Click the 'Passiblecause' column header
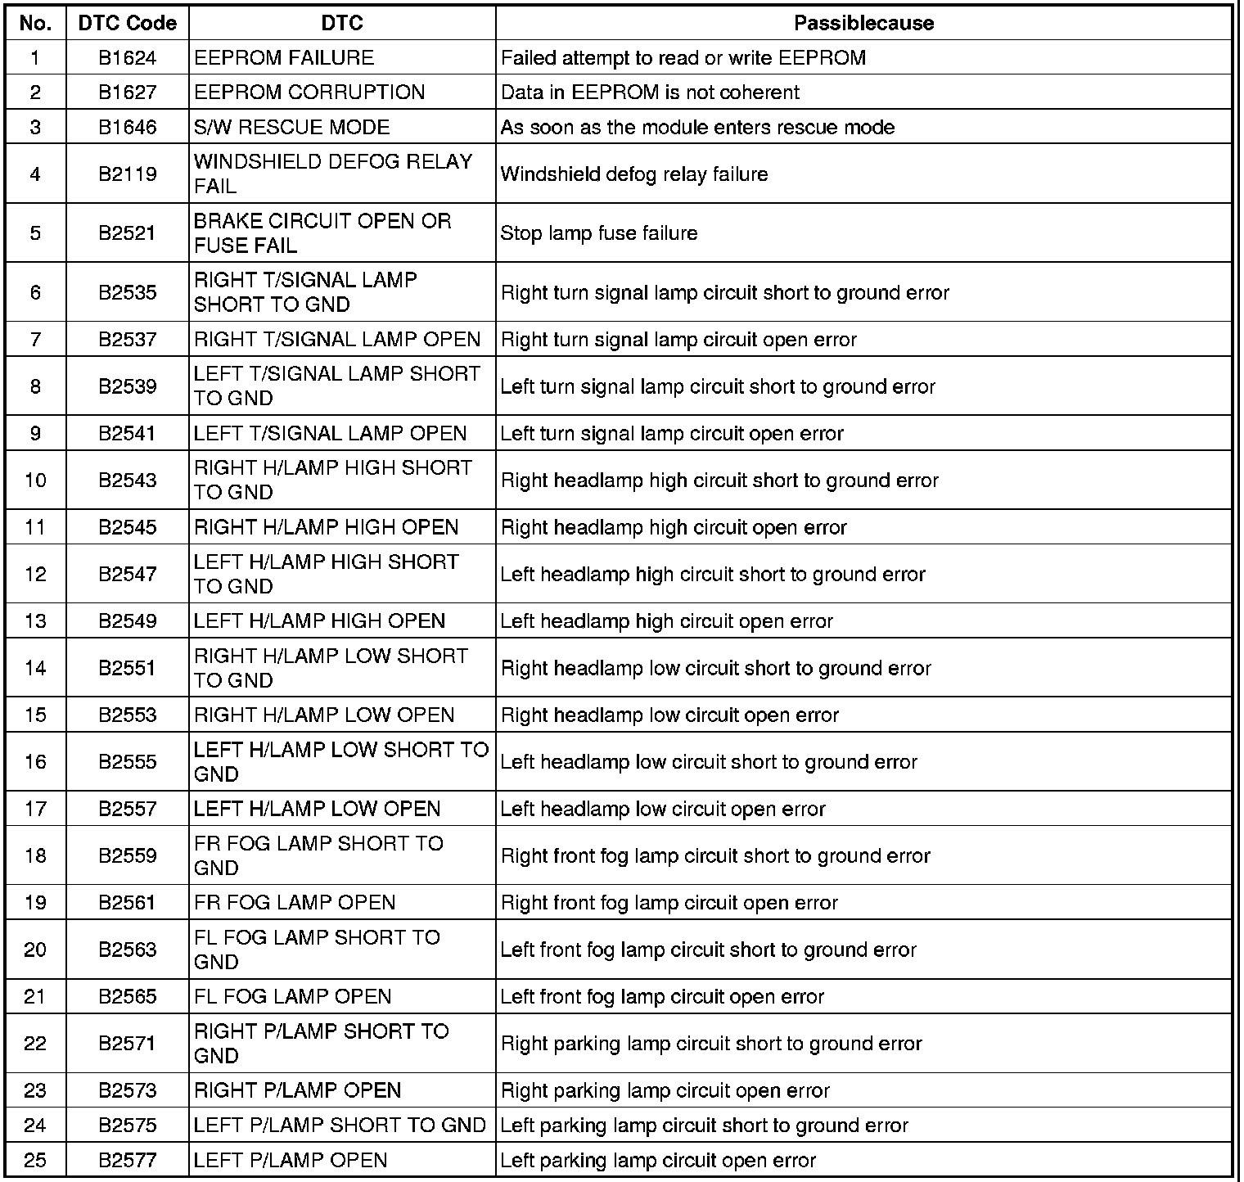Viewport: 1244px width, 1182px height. pyautogui.click(x=863, y=23)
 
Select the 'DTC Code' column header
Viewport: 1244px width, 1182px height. pyautogui.click(x=127, y=23)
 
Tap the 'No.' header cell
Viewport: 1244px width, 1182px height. pyautogui.click(x=35, y=23)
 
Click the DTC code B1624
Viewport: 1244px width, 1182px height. pyautogui.click(x=127, y=58)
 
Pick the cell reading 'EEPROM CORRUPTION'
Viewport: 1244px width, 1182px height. pyautogui.click(x=309, y=92)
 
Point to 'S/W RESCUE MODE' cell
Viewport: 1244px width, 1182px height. pyautogui.click(x=291, y=127)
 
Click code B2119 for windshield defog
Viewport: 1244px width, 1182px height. pyautogui.click(x=127, y=174)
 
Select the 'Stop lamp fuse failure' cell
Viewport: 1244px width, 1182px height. pyautogui.click(x=599, y=233)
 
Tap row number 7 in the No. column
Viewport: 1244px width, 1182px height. pyautogui.click(x=35, y=340)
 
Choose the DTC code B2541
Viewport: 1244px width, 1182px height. pyautogui.click(x=127, y=433)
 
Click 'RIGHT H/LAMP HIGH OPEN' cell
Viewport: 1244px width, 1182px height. pyautogui.click(x=326, y=527)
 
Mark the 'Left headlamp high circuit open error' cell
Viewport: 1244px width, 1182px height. pyautogui.click(x=666, y=621)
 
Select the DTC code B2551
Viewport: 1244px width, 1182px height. pyautogui.click(x=127, y=668)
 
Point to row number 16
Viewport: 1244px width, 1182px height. pyautogui.click(x=35, y=762)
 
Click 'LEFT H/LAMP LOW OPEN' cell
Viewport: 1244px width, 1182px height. pyautogui.click(x=317, y=809)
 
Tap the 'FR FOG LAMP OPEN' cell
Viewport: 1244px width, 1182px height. pyautogui.click(x=295, y=903)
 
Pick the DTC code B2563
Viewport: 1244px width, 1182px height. pyautogui.click(x=127, y=950)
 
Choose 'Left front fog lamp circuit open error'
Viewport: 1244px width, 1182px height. pyautogui.click(x=662, y=997)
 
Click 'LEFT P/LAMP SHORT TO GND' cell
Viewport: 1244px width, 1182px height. pyautogui.click(x=340, y=1126)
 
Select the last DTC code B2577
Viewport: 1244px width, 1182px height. pyautogui.click(x=127, y=1160)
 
